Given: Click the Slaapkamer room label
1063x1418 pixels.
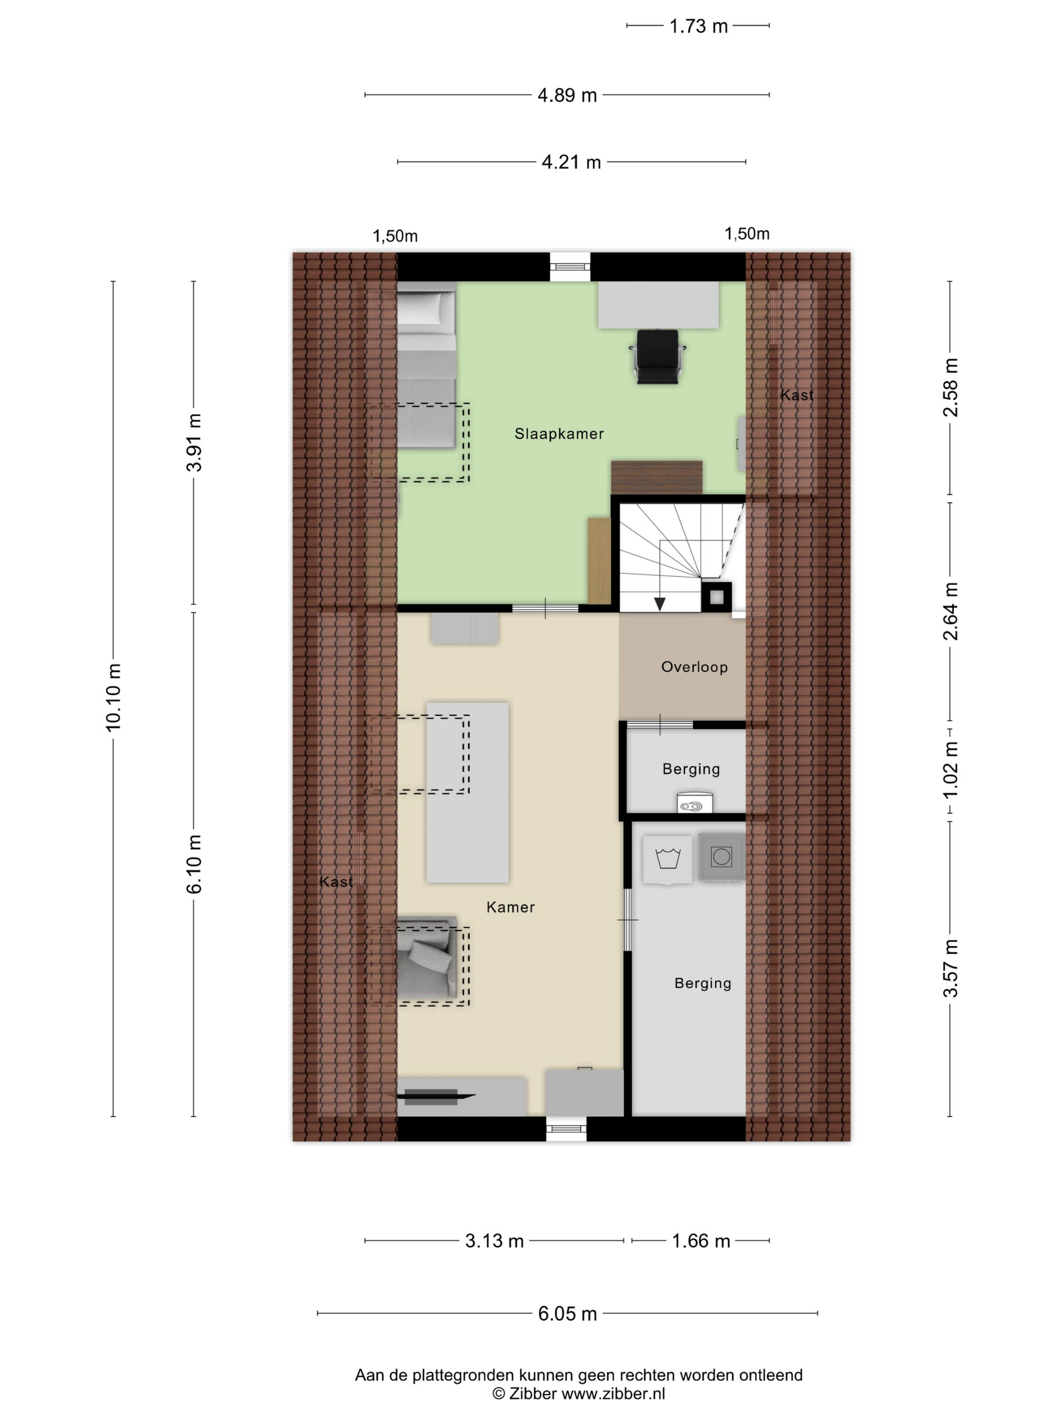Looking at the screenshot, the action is [x=559, y=434].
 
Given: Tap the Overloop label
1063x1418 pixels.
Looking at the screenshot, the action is [x=694, y=667].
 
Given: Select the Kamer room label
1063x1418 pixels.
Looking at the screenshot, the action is [x=511, y=907].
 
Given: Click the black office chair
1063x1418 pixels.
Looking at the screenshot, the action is [x=658, y=357].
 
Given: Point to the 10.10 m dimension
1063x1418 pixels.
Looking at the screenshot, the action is [x=113, y=697].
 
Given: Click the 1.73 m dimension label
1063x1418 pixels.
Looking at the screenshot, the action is [x=699, y=26].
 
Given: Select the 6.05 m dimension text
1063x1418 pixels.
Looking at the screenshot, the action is [x=567, y=1314].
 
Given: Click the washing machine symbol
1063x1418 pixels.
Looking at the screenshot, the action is [x=721, y=857].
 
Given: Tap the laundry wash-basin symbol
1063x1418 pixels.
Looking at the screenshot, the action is [x=668, y=859].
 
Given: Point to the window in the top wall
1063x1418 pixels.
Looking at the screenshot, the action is [x=569, y=267].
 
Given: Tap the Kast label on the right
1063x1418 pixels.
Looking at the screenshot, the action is [x=796, y=396].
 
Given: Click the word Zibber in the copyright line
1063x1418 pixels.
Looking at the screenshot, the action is [x=533, y=1393].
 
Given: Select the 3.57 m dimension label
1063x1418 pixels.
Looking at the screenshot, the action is [x=950, y=968].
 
